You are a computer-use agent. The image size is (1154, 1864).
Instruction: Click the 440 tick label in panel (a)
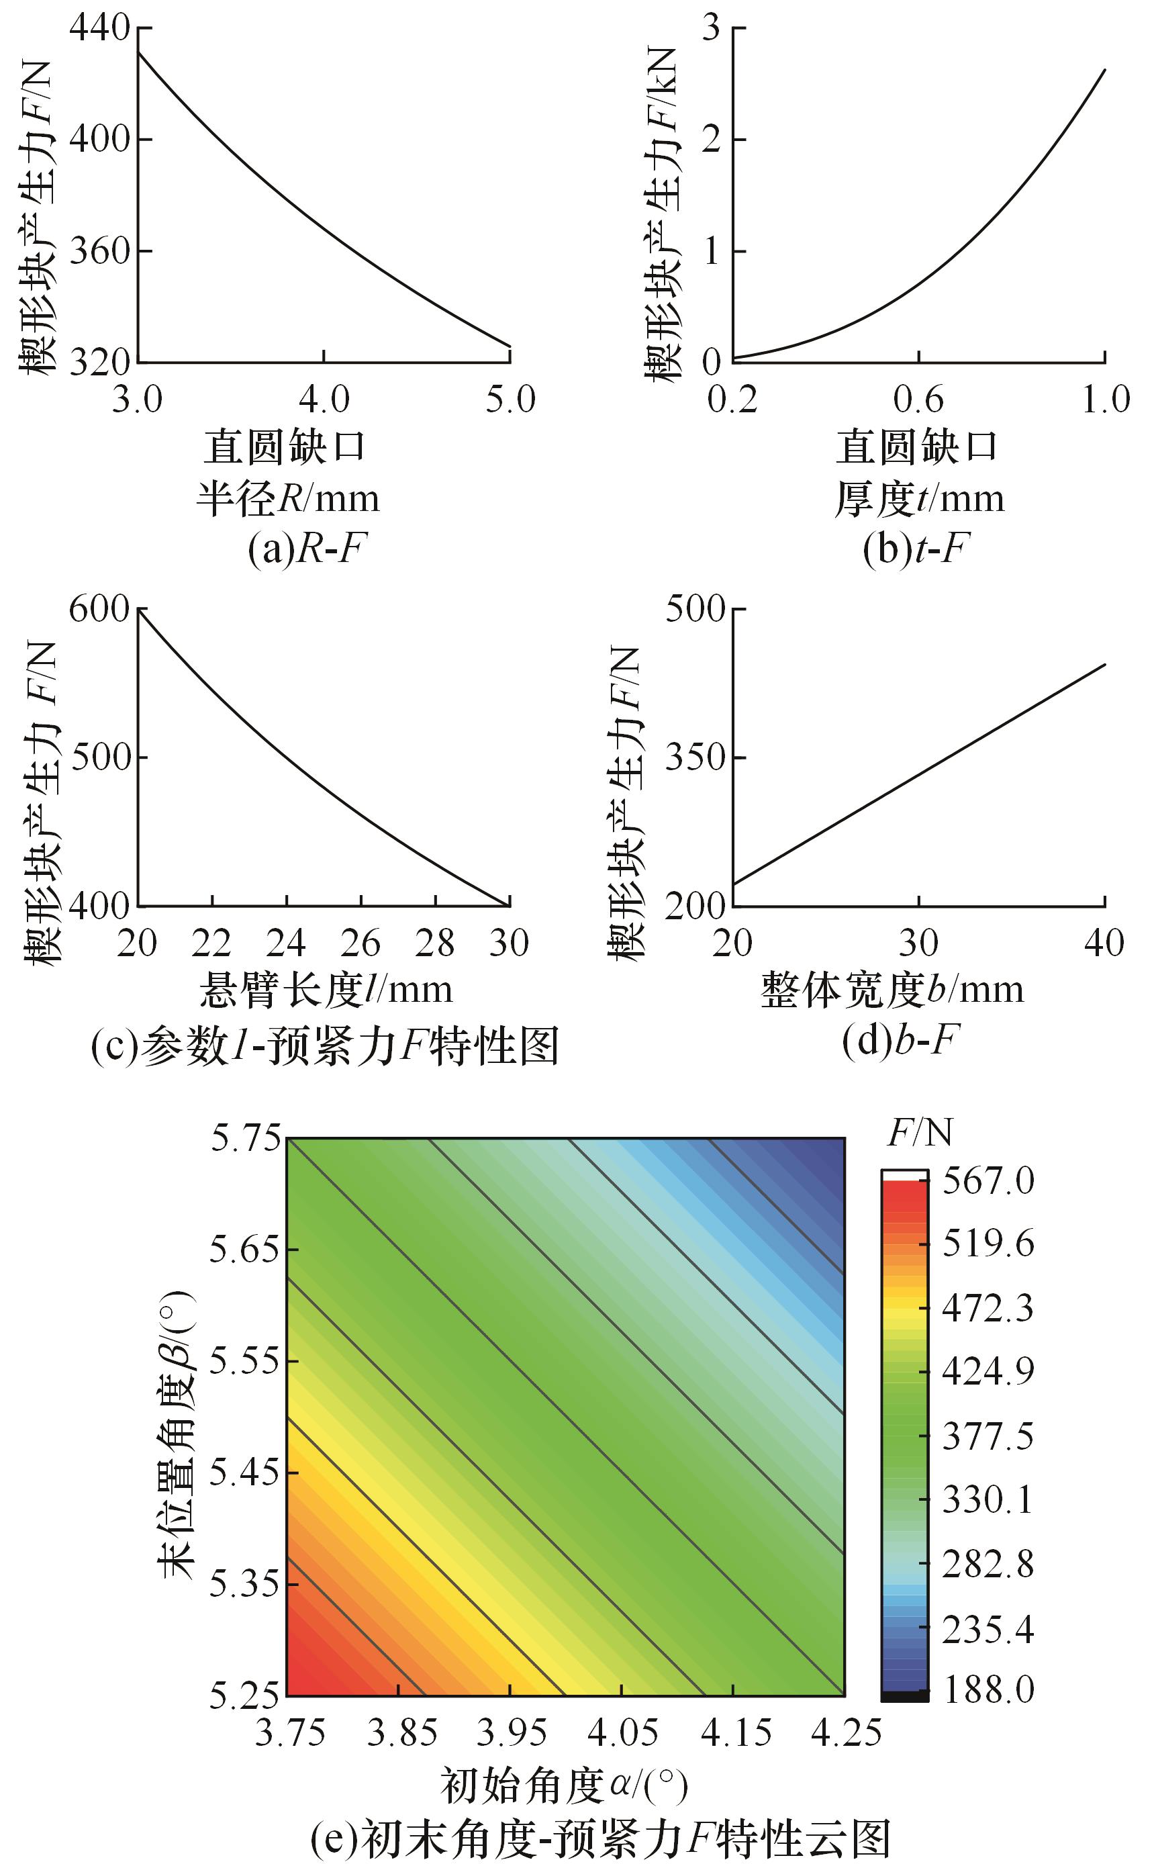coord(99,28)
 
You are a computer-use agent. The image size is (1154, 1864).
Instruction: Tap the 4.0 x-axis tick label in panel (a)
coord(324,398)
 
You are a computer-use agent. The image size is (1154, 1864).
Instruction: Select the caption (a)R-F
coord(307,549)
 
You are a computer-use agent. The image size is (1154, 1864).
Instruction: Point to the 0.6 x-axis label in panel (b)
coord(918,398)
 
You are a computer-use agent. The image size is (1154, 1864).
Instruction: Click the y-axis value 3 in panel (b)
coord(712,28)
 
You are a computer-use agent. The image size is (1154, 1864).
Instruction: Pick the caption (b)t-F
coord(916,549)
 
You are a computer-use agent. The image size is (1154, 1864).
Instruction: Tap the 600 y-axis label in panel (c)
coord(99,609)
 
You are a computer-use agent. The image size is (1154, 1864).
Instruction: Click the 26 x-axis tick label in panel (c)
coord(360,943)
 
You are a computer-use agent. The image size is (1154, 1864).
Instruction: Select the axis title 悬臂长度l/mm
coord(326,990)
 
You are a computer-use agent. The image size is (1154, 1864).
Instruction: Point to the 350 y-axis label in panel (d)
coord(695,758)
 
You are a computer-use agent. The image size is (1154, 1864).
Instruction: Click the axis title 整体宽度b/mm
coord(892,990)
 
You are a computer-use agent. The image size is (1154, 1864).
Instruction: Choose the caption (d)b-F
coord(901,1039)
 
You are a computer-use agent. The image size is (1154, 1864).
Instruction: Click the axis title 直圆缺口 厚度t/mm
coord(918,473)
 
